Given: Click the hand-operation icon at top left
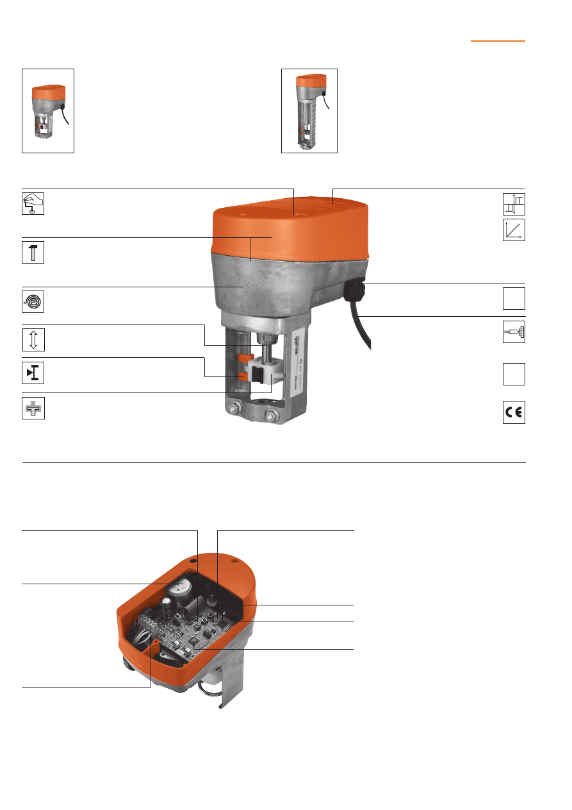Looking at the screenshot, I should (33, 204).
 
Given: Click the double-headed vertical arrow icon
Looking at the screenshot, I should (33, 339).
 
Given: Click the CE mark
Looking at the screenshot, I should (514, 414).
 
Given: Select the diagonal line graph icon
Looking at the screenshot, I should (514, 230).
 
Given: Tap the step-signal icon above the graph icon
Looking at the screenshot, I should (514, 204).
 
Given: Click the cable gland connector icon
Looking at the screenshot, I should (514, 332).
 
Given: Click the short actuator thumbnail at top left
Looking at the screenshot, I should (48, 111).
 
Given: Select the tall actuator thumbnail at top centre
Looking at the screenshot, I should (309, 111).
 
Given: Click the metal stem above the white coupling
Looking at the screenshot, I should (263, 350).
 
